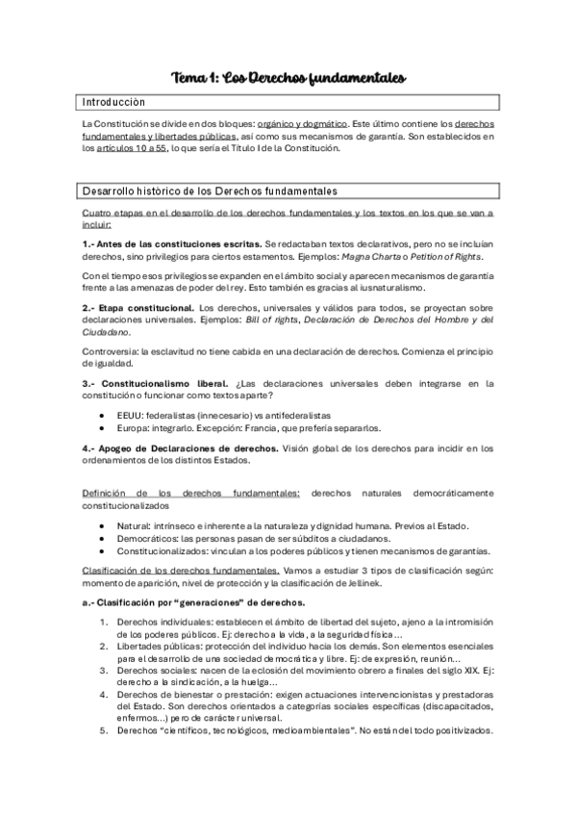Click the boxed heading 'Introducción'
114,102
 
